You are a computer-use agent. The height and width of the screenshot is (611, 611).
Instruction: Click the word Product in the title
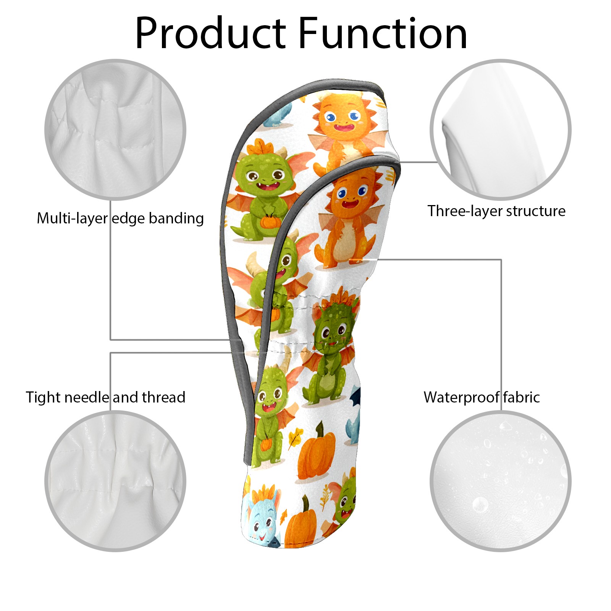point(210,34)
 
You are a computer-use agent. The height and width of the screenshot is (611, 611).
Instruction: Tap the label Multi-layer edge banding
point(120,218)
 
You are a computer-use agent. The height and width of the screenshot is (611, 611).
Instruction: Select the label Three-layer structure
point(496,211)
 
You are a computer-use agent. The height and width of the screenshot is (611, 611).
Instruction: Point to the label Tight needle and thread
point(105,397)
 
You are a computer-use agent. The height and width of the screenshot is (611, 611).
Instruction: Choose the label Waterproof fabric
point(482,397)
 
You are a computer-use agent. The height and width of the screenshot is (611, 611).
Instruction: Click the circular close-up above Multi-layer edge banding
point(115,129)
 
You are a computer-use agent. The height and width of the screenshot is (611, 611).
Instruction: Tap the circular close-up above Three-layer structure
point(500,129)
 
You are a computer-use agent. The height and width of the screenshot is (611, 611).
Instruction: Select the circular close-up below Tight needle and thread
point(115,481)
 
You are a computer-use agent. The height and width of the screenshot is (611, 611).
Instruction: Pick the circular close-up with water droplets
point(500,481)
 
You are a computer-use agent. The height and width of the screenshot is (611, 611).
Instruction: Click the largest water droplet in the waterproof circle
point(480,504)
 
